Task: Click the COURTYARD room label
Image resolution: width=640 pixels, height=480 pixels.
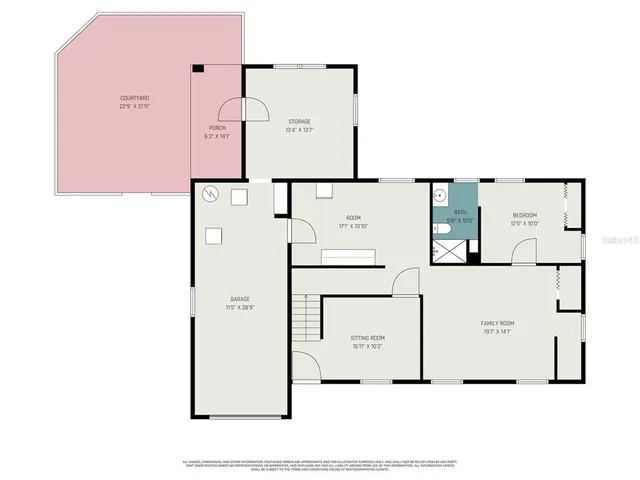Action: pyautogui.click(x=135, y=101)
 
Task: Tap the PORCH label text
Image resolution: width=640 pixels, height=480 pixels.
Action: pyautogui.click(x=218, y=131)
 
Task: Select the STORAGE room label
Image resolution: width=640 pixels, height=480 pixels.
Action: pyautogui.click(x=299, y=124)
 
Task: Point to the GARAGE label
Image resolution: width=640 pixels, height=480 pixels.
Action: pyautogui.click(x=239, y=301)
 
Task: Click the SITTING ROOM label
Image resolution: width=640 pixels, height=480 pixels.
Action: pyautogui.click(x=367, y=341)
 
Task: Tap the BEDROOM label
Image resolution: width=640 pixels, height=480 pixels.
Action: pyautogui.click(x=525, y=218)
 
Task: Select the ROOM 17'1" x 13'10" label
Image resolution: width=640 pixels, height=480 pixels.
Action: pyautogui.click(x=353, y=221)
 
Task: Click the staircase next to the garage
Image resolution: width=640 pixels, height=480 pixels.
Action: pyautogui.click(x=305, y=319)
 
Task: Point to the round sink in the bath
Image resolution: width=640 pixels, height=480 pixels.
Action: pyautogui.click(x=440, y=193)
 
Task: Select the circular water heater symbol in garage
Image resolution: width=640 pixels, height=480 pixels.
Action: pyautogui.click(x=209, y=195)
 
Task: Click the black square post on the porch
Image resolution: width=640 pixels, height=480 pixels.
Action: pyautogui.click(x=198, y=69)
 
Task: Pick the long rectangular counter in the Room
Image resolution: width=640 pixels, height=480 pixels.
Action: pyautogui.click(x=348, y=258)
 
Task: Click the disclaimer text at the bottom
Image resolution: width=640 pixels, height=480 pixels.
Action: pyautogui.click(x=320, y=465)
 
